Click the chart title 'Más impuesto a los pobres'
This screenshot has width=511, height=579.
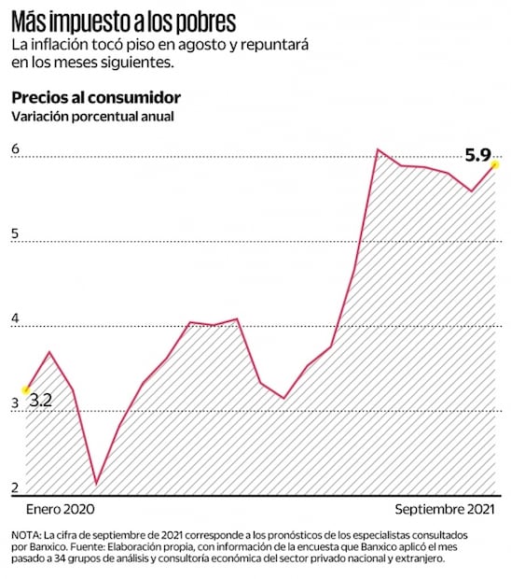pyautogui.click(x=123, y=21)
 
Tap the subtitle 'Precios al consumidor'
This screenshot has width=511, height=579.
pyautogui.click(x=95, y=98)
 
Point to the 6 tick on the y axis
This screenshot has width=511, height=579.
pyautogui.click(x=16, y=148)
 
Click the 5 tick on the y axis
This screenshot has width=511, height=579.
pyautogui.click(x=16, y=233)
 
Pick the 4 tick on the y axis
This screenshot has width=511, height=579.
pyautogui.click(x=16, y=318)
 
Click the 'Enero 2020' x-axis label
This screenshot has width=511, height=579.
pyautogui.click(x=60, y=510)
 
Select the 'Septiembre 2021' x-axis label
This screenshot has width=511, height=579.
pyautogui.click(x=443, y=510)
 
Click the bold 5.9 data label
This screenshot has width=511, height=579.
pyautogui.click(x=477, y=147)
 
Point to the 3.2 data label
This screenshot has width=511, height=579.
pyautogui.click(x=40, y=401)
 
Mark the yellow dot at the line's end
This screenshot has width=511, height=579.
pyautogui.click(x=496, y=164)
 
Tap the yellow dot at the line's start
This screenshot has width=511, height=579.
pyautogui.click(x=26, y=389)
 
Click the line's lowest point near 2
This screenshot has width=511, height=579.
pyautogui.click(x=96, y=484)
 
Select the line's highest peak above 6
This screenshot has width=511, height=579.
pyautogui.click(x=378, y=149)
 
